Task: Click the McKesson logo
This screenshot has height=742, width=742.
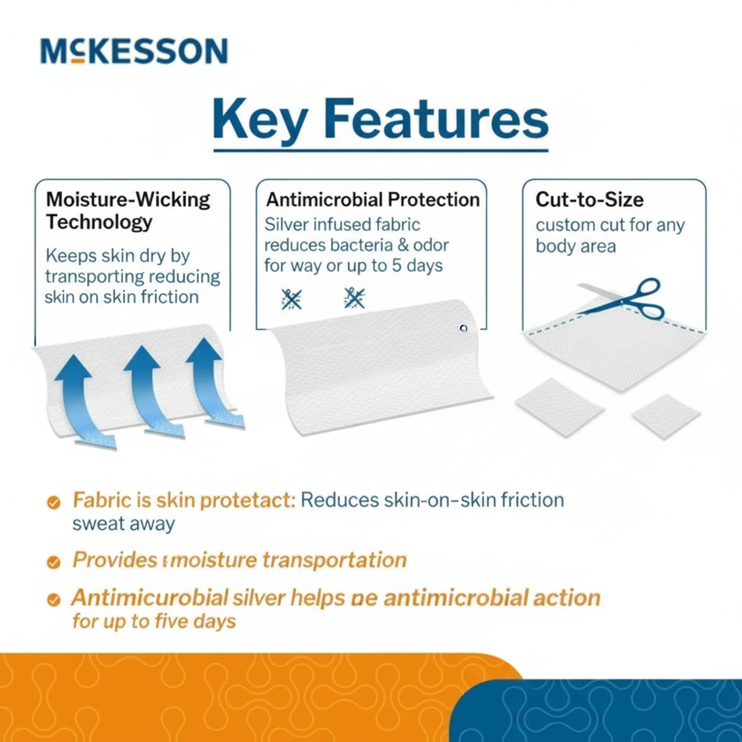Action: [134, 51]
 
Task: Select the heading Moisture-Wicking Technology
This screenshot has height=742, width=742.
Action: [128, 210]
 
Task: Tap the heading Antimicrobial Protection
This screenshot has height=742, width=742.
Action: [372, 200]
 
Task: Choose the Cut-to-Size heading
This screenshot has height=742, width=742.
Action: [589, 199]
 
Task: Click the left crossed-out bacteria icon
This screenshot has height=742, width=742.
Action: [291, 298]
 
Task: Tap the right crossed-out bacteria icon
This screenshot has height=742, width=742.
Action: [354, 298]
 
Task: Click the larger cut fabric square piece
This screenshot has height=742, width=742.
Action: [559, 407]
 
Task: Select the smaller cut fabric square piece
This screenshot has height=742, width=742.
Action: [666, 416]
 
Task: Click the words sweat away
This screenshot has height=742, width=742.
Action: [123, 523]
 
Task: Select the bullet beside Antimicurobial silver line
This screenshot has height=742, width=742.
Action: [53, 599]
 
